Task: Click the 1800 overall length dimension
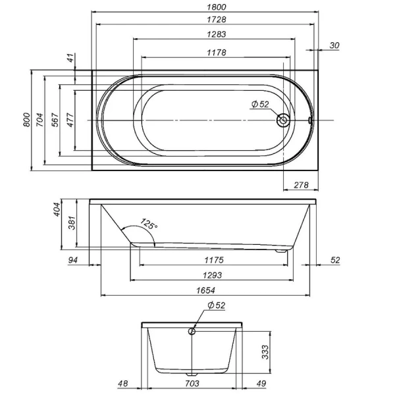tap(203, 6)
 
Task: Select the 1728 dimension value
tap(203, 19)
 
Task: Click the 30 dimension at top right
tap(335, 45)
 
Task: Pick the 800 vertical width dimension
tap(27, 119)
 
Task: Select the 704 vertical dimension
tap(40, 119)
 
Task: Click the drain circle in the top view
tap(284, 120)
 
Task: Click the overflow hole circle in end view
tap(192, 331)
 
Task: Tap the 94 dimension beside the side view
tap(73, 260)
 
